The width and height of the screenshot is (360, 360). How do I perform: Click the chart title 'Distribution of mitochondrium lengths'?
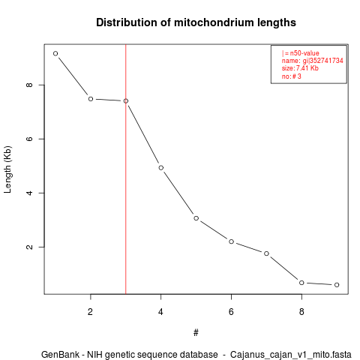click(196, 22)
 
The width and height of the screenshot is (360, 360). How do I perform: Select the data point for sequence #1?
click(55, 53)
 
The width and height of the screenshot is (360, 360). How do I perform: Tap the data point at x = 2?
click(91, 99)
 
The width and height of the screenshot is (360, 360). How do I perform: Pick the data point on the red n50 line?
click(126, 100)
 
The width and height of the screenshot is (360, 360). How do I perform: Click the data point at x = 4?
click(161, 168)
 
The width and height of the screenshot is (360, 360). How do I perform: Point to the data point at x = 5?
click(196, 218)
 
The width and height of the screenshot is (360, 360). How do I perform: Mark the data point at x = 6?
click(231, 241)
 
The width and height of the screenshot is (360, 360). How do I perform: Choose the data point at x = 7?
click(266, 253)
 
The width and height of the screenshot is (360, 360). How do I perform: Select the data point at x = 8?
click(301, 283)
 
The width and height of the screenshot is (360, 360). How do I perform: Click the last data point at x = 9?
click(337, 285)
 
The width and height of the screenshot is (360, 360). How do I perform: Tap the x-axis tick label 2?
click(90, 312)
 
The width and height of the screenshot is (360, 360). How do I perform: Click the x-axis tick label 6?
click(231, 312)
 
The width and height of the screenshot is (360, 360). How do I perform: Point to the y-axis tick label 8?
click(29, 85)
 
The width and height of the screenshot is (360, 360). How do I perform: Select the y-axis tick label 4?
click(29, 193)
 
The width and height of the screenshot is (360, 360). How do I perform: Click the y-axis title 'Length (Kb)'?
click(7, 169)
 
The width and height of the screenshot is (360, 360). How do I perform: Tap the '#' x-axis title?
click(196, 333)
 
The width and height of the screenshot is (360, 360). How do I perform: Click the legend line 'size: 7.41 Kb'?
click(300, 68)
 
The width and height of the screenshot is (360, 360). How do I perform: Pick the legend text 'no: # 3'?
click(292, 76)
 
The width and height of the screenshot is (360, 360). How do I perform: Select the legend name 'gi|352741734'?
click(323, 61)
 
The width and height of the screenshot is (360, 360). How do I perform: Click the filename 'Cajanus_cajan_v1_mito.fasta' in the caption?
click(291, 355)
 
